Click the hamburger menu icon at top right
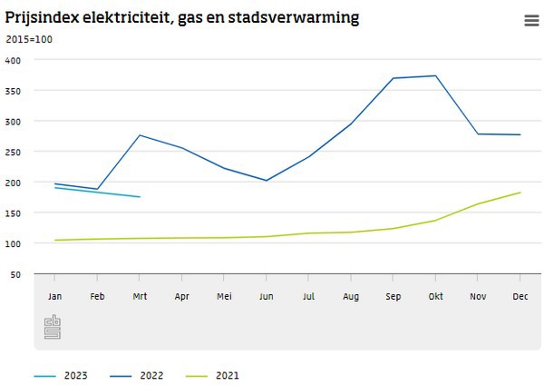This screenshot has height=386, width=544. tap(530, 21)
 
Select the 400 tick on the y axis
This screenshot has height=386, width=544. tap(14, 60)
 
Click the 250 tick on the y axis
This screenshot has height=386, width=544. tap(14, 152)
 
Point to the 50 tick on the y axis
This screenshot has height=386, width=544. tap(16, 274)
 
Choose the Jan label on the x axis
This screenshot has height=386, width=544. tap(54, 296)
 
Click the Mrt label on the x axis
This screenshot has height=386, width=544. tap(140, 296)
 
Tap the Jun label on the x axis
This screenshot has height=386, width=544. tap(267, 296)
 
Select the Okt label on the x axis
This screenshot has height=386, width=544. tap(436, 296)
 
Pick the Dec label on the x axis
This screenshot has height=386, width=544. tap(520, 296)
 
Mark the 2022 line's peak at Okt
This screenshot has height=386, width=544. tap(436, 75)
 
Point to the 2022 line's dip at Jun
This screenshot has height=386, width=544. tap(267, 181)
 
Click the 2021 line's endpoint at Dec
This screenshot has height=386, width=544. tap(520, 193)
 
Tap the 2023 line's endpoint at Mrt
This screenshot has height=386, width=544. tap(140, 196)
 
